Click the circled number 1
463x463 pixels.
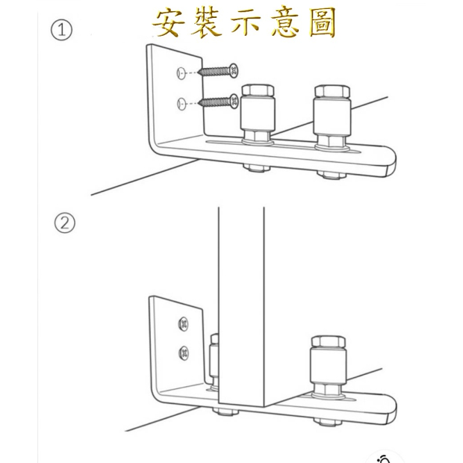[x=61, y=30]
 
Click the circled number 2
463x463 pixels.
[x=65, y=223]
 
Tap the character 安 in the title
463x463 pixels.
[x=169, y=22]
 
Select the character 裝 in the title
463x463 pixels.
[x=207, y=22]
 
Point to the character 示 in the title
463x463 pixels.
[x=246, y=22]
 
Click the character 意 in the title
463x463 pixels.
[x=285, y=22]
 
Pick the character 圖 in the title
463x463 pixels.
[x=323, y=22]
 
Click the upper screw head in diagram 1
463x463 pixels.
[x=234, y=71]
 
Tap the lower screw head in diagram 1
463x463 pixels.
[x=234, y=102]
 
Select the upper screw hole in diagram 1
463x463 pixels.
[x=181, y=73]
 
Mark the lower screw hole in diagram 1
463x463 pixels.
[x=181, y=104]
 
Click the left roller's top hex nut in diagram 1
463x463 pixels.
[x=258, y=90]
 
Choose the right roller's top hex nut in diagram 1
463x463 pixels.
[x=332, y=91]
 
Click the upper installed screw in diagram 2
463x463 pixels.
[x=184, y=324]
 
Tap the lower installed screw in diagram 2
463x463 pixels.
[x=184, y=353]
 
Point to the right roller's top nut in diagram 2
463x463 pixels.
[x=329, y=341]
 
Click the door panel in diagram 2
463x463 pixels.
[x=241, y=304]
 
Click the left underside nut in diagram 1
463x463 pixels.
[x=257, y=168]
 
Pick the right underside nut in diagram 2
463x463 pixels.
[x=328, y=422]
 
